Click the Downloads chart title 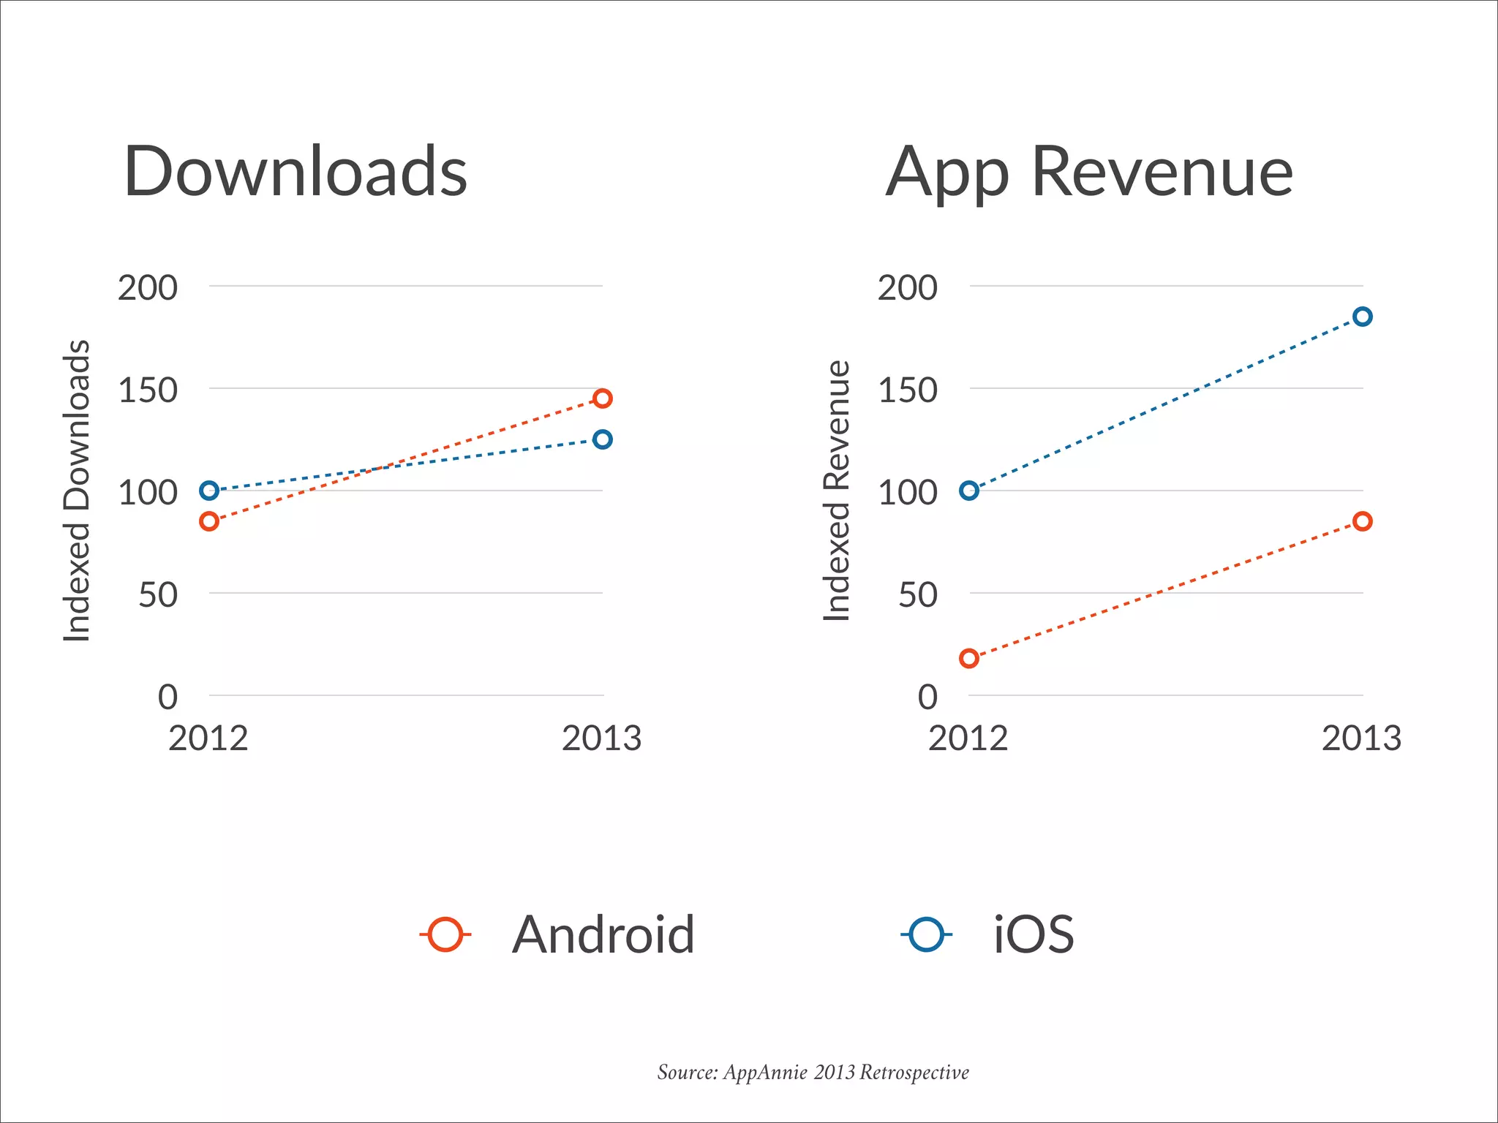coord(296,172)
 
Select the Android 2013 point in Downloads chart coord(602,398)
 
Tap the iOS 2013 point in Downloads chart coord(602,439)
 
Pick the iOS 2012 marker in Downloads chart coord(209,491)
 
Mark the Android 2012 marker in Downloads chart coord(209,521)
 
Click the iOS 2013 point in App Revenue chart coord(1362,317)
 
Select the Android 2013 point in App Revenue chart coord(1362,521)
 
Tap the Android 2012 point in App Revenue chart coord(969,658)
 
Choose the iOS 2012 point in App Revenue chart coord(969,491)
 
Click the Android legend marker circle coord(445,934)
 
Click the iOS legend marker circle coord(926,934)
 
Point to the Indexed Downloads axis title coord(76,491)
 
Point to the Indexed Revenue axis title coord(837,491)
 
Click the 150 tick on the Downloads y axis coord(148,390)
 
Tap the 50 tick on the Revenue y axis coord(917,595)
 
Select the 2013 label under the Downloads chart coord(601,738)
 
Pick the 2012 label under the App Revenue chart coord(968,738)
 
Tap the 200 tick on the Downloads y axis coord(148,288)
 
